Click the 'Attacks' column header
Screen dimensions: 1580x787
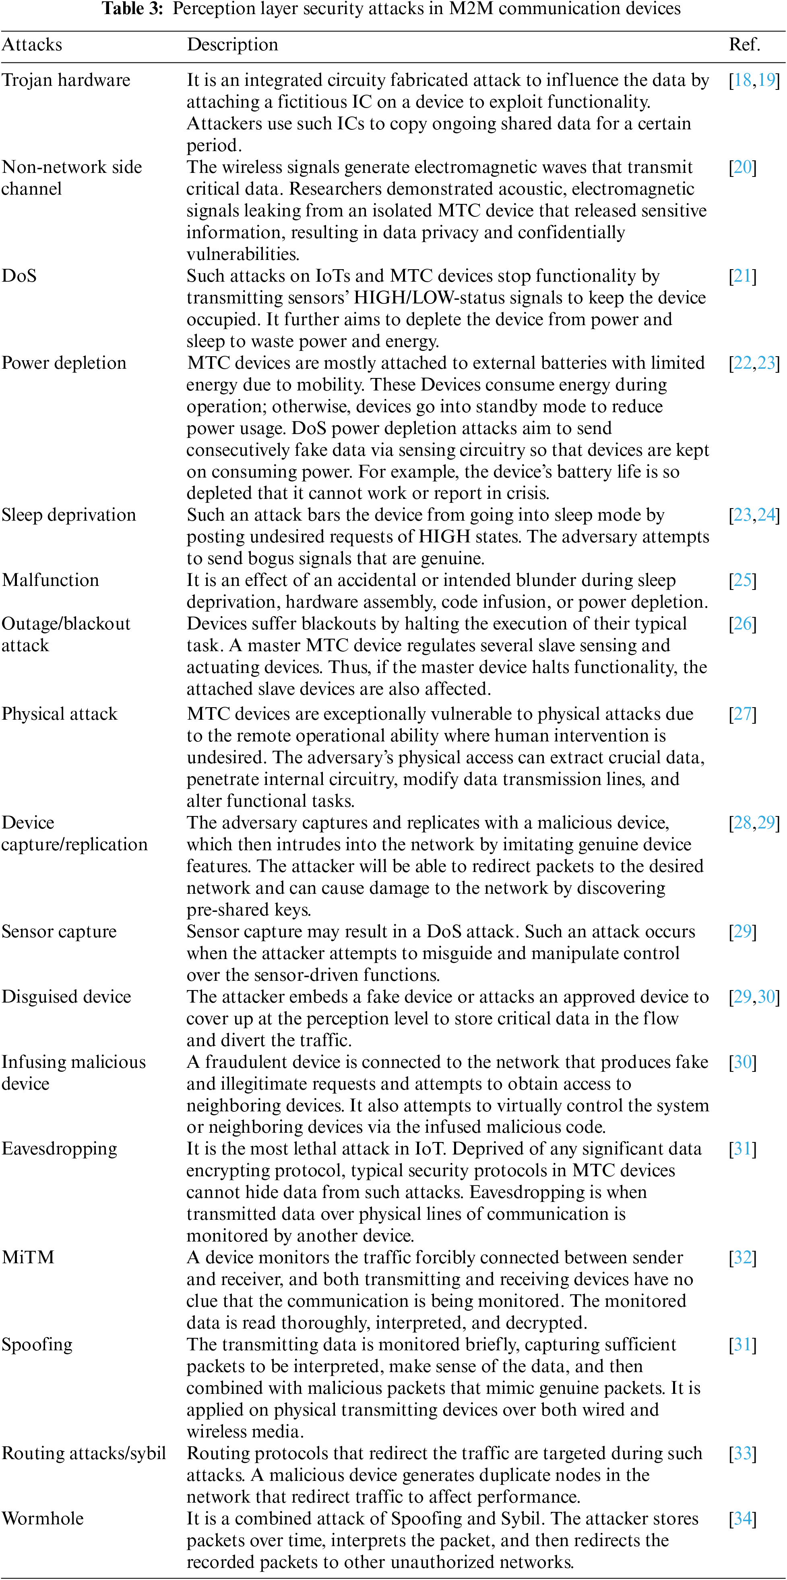point(32,45)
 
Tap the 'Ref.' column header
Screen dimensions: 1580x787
point(744,45)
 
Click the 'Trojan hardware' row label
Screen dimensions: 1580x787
point(66,80)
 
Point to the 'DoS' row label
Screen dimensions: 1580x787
point(19,276)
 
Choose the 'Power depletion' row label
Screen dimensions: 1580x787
point(64,363)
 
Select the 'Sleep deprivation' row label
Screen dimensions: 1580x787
point(69,515)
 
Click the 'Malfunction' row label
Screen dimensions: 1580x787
point(50,580)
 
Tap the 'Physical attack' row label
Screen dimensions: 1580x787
point(60,714)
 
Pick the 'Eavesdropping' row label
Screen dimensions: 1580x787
point(60,1149)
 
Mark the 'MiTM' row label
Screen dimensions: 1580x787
point(28,1257)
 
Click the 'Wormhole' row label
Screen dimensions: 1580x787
point(43,1519)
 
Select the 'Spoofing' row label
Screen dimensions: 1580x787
point(37,1345)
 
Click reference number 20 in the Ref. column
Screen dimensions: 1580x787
point(743,168)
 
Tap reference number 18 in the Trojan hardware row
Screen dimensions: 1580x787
point(743,80)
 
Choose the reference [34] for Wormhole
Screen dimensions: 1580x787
point(743,1519)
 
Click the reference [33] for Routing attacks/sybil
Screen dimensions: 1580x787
point(743,1453)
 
